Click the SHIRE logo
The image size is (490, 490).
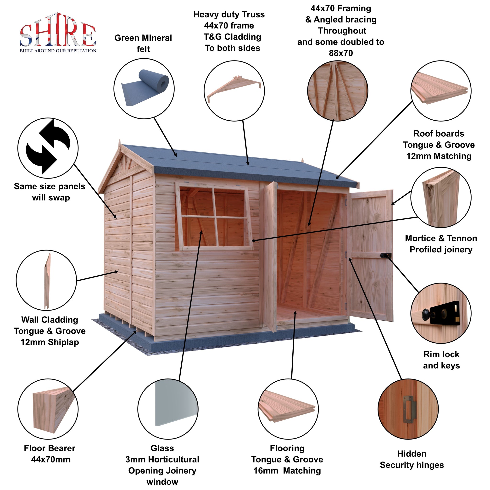tap(58, 33)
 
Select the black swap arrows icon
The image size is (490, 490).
tap(48, 147)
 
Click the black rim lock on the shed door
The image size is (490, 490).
tap(385, 256)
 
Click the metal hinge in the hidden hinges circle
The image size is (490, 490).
tap(408, 409)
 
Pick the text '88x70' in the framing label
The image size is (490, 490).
tap(341, 53)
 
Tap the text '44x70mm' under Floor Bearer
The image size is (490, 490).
tap(51, 459)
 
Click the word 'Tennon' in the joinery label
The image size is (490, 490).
tap(462, 238)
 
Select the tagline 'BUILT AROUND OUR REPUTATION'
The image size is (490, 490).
tap(58, 51)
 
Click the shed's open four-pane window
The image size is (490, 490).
tap(214, 216)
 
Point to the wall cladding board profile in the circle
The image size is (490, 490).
tap(47, 280)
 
